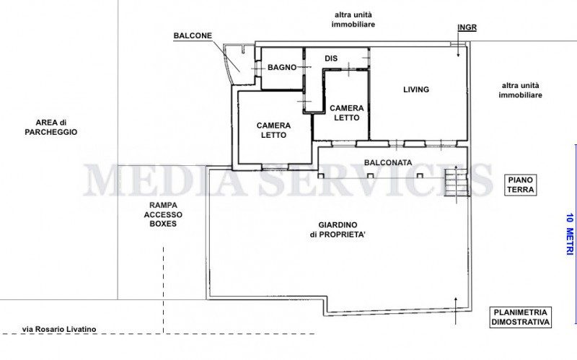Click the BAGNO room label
point(282,67)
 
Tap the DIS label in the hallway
point(331,58)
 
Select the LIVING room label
point(416,89)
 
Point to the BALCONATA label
point(388,163)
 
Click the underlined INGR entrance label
point(467,27)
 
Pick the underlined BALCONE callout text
point(193,35)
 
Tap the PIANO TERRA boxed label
point(521,185)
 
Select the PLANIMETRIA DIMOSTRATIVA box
point(521,317)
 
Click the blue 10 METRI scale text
point(570,234)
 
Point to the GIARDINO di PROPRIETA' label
point(338,229)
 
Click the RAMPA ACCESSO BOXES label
point(163,214)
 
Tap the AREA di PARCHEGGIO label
point(51,128)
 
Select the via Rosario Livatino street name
point(59,329)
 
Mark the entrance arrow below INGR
point(458,45)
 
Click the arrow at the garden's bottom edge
point(456,311)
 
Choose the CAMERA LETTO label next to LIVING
point(347,113)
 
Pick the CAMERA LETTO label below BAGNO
point(274,130)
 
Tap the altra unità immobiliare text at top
point(353,19)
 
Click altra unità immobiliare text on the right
point(520,90)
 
